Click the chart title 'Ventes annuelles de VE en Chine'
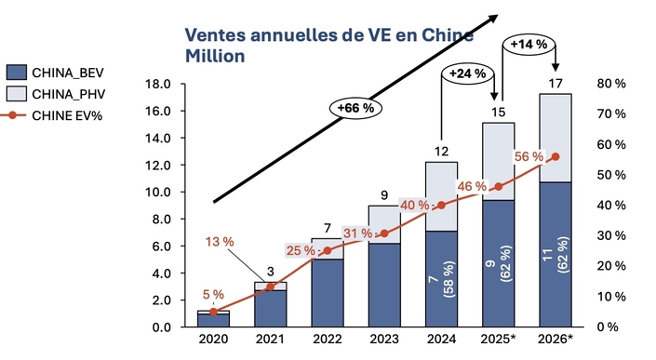[328, 35]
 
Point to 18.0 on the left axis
[155, 84]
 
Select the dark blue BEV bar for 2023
[383, 285]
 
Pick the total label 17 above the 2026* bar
[555, 84]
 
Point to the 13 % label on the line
[220, 243]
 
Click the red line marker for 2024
[440, 205]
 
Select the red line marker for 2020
[213, 312]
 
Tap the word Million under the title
[215, 56]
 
